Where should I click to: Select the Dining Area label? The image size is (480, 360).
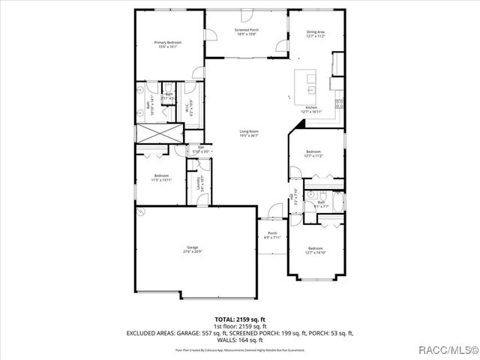pyautogui.click(x=316, y=34)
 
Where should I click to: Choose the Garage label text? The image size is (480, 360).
pyautogui.click(x=193, y=248)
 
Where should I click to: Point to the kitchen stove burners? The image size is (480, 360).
pyautogui.click(x=339, y=103)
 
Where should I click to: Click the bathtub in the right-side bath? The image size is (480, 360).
pyautogui.click(x=338, y=202)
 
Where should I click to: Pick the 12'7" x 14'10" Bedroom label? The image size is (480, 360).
pyautogui.click(x=315, y=250)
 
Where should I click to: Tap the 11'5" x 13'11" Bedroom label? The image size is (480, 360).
pyautogui.click(x=162, y=178)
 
